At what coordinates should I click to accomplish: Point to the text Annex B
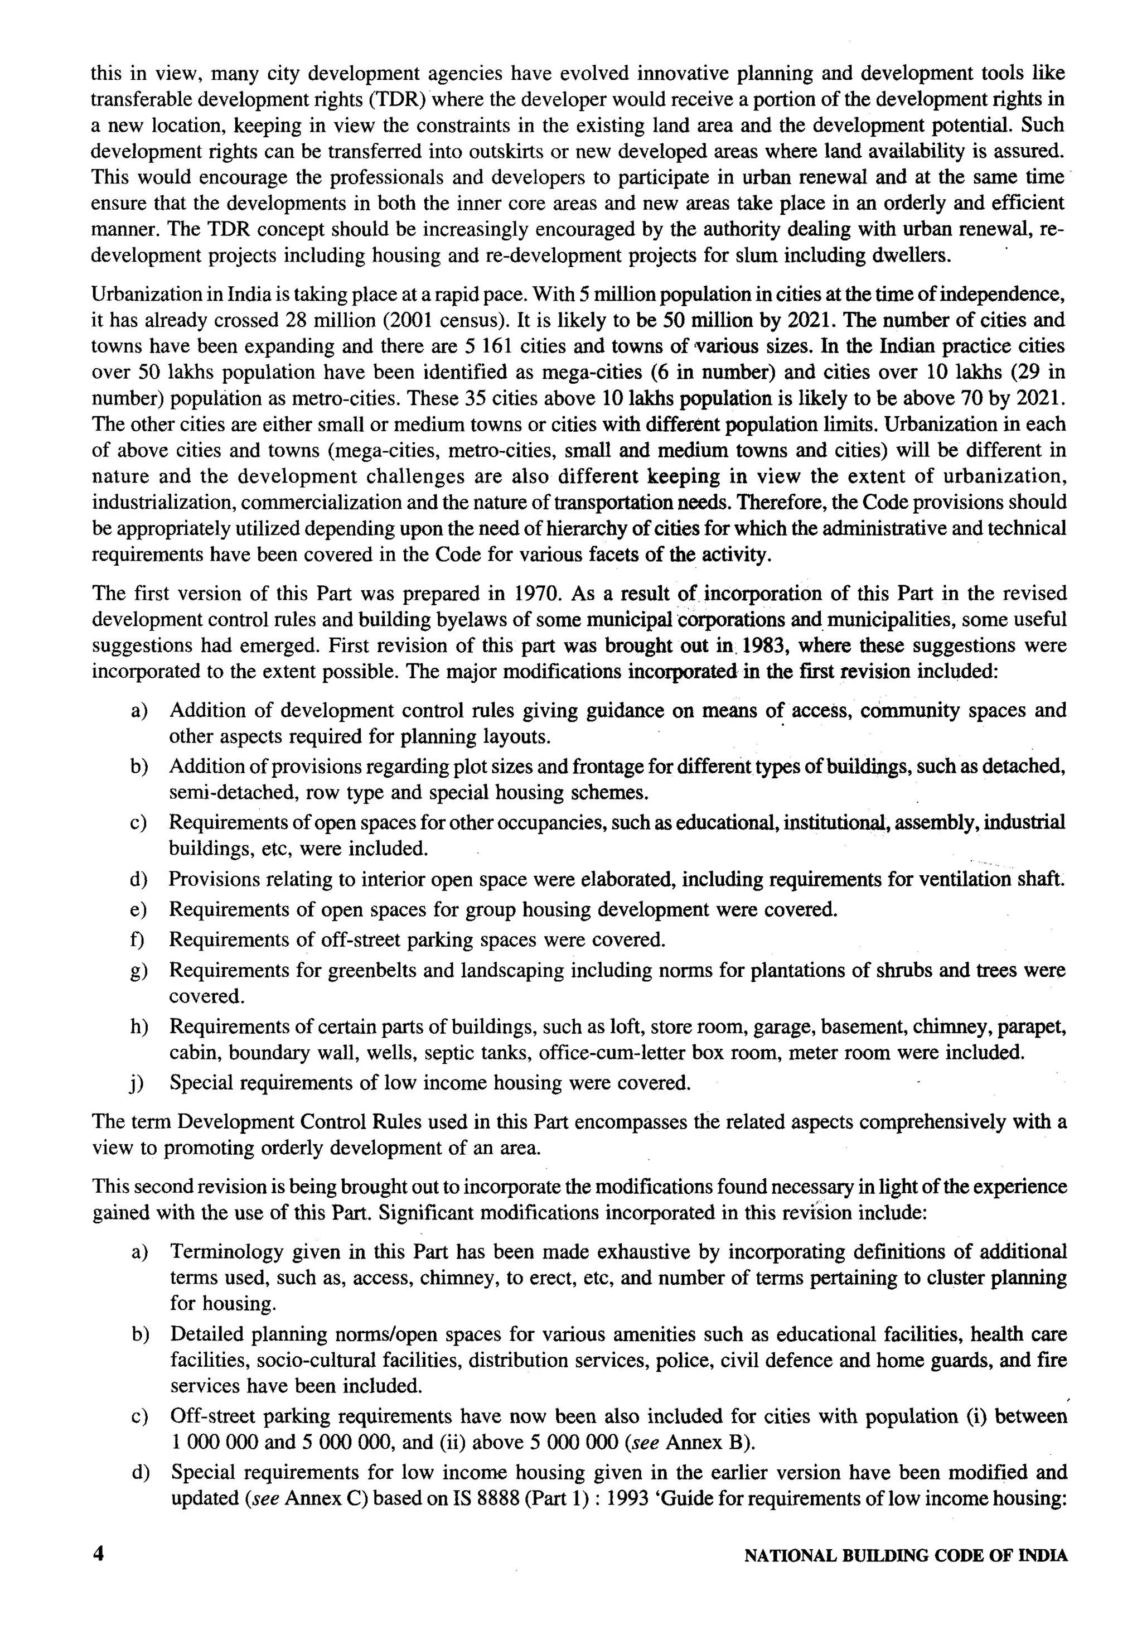pyautogui.click(x=704, y=1442)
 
